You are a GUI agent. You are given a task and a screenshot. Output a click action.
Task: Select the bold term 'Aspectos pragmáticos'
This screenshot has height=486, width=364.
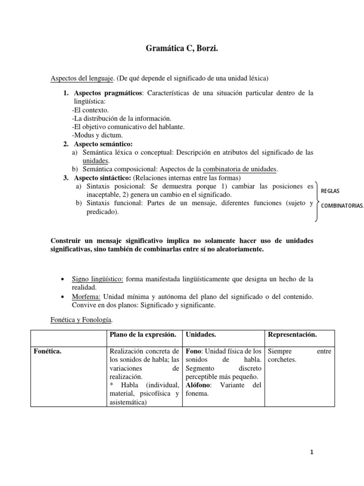click(108, 93)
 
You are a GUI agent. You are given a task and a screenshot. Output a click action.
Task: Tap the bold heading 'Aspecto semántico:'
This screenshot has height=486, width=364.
click(103, 144)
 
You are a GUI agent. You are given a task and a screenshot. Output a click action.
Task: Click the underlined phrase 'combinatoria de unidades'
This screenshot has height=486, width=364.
click(240, 169)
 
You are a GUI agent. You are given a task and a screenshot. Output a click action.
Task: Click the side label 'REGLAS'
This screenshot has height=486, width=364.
click(330, 191)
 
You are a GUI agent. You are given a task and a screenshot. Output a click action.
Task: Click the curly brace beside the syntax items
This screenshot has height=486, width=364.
click(317, 202)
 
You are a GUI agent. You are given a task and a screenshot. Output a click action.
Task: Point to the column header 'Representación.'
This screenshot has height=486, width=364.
click(292, 335)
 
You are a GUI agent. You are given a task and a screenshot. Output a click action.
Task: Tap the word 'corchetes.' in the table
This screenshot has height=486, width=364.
click(282, 360)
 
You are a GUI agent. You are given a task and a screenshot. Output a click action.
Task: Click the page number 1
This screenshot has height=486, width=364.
click(312, 452)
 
